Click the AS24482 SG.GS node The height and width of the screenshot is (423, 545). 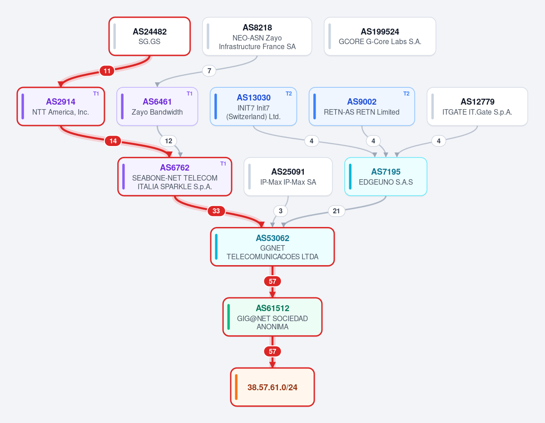tap(149, 36)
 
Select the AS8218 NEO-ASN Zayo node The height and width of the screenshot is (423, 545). tap(257, 36)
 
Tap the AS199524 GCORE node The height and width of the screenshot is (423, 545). tap(380, 36)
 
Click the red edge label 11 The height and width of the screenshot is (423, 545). tap(107, 71)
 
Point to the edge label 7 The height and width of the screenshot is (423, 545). tap(209, 71)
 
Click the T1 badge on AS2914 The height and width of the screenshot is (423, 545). tap(96, 94)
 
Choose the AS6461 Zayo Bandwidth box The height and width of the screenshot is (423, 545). tap(157, 106)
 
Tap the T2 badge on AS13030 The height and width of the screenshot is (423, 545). tap(289, 94)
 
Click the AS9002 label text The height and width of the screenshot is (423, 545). tap(362, 102)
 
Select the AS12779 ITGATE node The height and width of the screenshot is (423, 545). tap(477, 106)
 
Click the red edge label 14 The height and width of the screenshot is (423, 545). tap(113, 141)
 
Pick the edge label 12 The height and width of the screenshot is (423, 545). tap(168, 141)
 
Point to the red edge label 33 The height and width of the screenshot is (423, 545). tap(216, 211)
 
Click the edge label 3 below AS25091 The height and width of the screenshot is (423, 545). tap(281, 211)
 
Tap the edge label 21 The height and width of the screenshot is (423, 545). tap(337, 211)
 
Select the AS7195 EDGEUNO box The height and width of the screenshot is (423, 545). tap(386, 176)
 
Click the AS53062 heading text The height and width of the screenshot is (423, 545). tap(272, 238)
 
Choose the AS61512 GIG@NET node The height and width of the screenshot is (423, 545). tap(272, 317)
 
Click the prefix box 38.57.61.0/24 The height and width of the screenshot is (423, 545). tap(272, 387)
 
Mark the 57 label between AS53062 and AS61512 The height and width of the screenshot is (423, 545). tap(272, 282)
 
